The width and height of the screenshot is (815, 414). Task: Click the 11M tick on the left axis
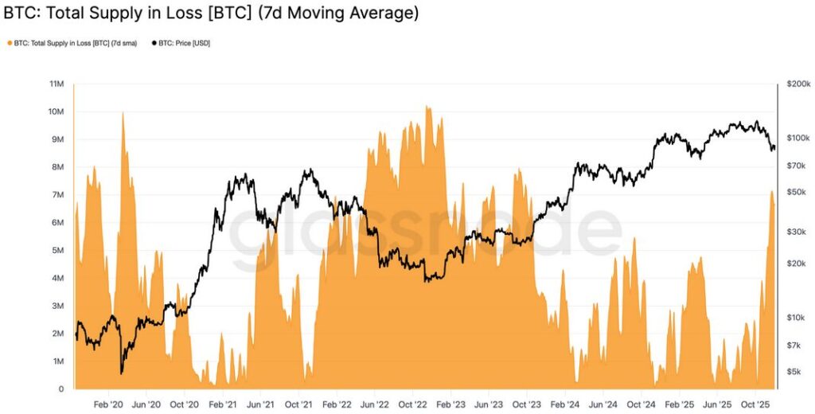click(x=57, y=84)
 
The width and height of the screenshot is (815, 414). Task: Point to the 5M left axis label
click(x=57, y=250)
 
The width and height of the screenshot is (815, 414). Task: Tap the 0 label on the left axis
click(x=61, y=389)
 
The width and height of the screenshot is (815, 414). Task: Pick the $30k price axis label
click(x=796, y=232)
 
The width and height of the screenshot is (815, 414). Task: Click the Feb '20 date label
click(x=108, y=404)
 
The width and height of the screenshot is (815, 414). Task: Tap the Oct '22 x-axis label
click(x=413, y=404)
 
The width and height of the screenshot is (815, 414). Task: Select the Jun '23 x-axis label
click(x=489, y=404)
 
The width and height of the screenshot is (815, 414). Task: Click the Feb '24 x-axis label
click(x=564, y=404)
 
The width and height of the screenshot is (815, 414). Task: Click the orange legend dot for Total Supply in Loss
click(x=9, y=42)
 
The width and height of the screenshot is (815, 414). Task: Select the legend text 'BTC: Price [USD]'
click(x=185, y=42)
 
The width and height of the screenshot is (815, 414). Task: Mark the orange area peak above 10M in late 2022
click(x=428, y=106)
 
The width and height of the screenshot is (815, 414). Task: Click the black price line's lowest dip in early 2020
click(x=122, y=372)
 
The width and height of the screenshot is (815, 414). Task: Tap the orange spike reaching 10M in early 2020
click(x=123, y=113)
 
